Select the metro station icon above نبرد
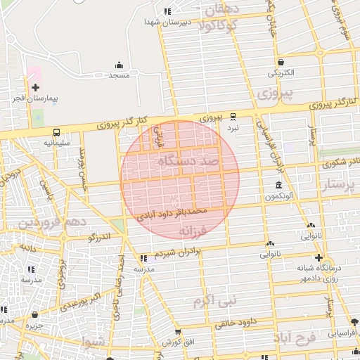[233, 118]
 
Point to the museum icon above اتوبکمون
[280, 186]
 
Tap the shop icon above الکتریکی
[281, 62]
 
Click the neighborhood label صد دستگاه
[188, 162]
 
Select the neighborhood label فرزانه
[191, 230]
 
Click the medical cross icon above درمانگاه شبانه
[319, 257]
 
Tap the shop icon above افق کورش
[177, 331]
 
